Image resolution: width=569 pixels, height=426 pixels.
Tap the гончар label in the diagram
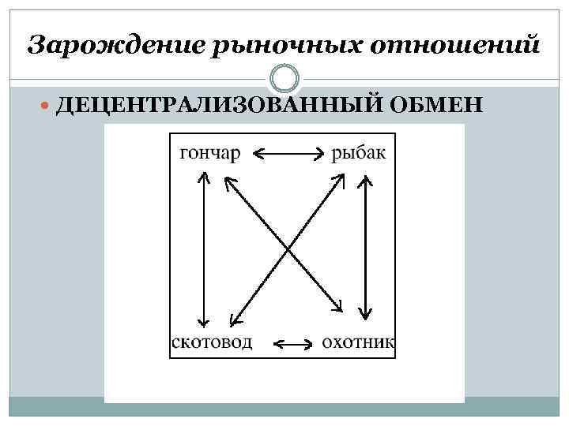(x=210, y=153)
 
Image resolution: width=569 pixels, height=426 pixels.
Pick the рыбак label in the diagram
(x=359, y=153)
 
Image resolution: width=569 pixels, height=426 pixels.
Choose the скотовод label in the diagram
(x=212, y=342)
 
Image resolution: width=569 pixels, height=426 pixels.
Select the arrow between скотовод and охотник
(x=292, y=344)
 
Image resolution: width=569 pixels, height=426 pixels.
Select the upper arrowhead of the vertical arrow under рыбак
(x=364, y=180)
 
